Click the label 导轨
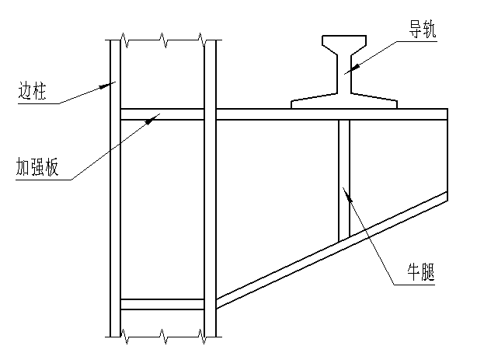pyautogui.click(x=423, y=30)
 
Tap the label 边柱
pyautogui.click(x=33, y=90)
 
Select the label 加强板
pyautogui.click(x=37, y=167)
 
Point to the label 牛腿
pyautogui.click(x=420, y=272)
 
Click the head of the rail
pyautogui.click(x=344, y=43)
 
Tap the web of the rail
pyautogui.click(x=344, y=74)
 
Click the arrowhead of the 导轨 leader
pyautogui.click(x=354, y=66)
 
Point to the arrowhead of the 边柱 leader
pyautogui.click(x=106, y=86)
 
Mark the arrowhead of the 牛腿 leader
pyautogui.click(x=347, y=194)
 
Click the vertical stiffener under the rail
pyautogui.click(x=344, y=180)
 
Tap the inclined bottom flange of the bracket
pyautogui.click(x=332, y=250)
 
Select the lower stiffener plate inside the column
pyautogui.click(x=162, y=304)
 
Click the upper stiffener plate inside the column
pyautogui.click(x=162, y=114)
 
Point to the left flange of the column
pyautogui.click(x=115, y=188)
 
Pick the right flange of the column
pyautogui.click(x=210, y=188)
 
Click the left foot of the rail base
pyautogui.click(x=314, y=101)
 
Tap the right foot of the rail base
pyautogui.click(x=374, y=101)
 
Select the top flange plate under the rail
pyautogui.click(x=332, y=114)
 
